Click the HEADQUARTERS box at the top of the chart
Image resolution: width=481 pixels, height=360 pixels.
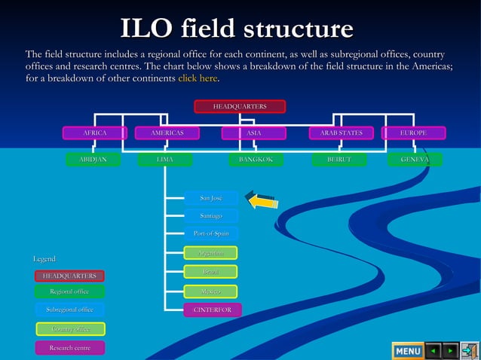pos(240,107)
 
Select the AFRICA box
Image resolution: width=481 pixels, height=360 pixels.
pos(94,133)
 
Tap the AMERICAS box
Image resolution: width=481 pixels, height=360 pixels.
pos(167,133)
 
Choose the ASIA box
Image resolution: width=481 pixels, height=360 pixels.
pos(254,133)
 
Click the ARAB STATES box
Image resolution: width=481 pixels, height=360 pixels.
pos(341,133)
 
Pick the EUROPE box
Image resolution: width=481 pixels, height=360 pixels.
pos(413,133)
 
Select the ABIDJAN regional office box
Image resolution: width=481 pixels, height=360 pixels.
pos(93,160)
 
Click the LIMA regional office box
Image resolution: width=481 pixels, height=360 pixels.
pos(165,160)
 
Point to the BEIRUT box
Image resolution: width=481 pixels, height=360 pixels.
pos(339,160)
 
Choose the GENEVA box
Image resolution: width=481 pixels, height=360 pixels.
pos(415,160)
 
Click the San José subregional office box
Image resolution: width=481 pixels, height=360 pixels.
pos(211,198)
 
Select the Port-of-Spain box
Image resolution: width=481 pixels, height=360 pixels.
pos(211,233)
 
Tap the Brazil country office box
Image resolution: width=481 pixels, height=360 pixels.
pos(211,271)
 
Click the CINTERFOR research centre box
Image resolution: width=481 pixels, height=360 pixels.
pos(213,310)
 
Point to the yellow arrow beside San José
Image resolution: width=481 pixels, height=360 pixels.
pos(263,201)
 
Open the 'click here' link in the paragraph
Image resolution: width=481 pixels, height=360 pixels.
pos(198,78)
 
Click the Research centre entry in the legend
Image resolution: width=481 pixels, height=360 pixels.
pos(70,348)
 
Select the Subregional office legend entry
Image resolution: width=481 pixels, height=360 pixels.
pos(70,310)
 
